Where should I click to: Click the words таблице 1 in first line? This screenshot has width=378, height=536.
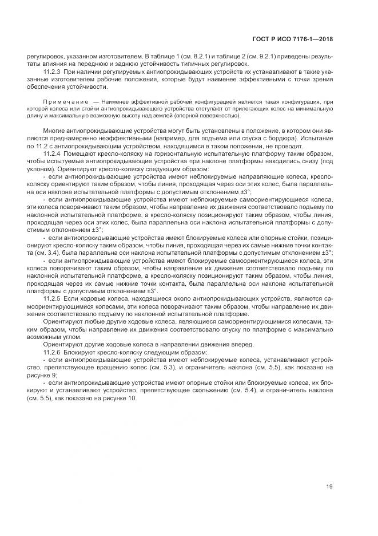click(171, 58)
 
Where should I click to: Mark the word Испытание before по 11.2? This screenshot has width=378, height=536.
click(316, 139)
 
